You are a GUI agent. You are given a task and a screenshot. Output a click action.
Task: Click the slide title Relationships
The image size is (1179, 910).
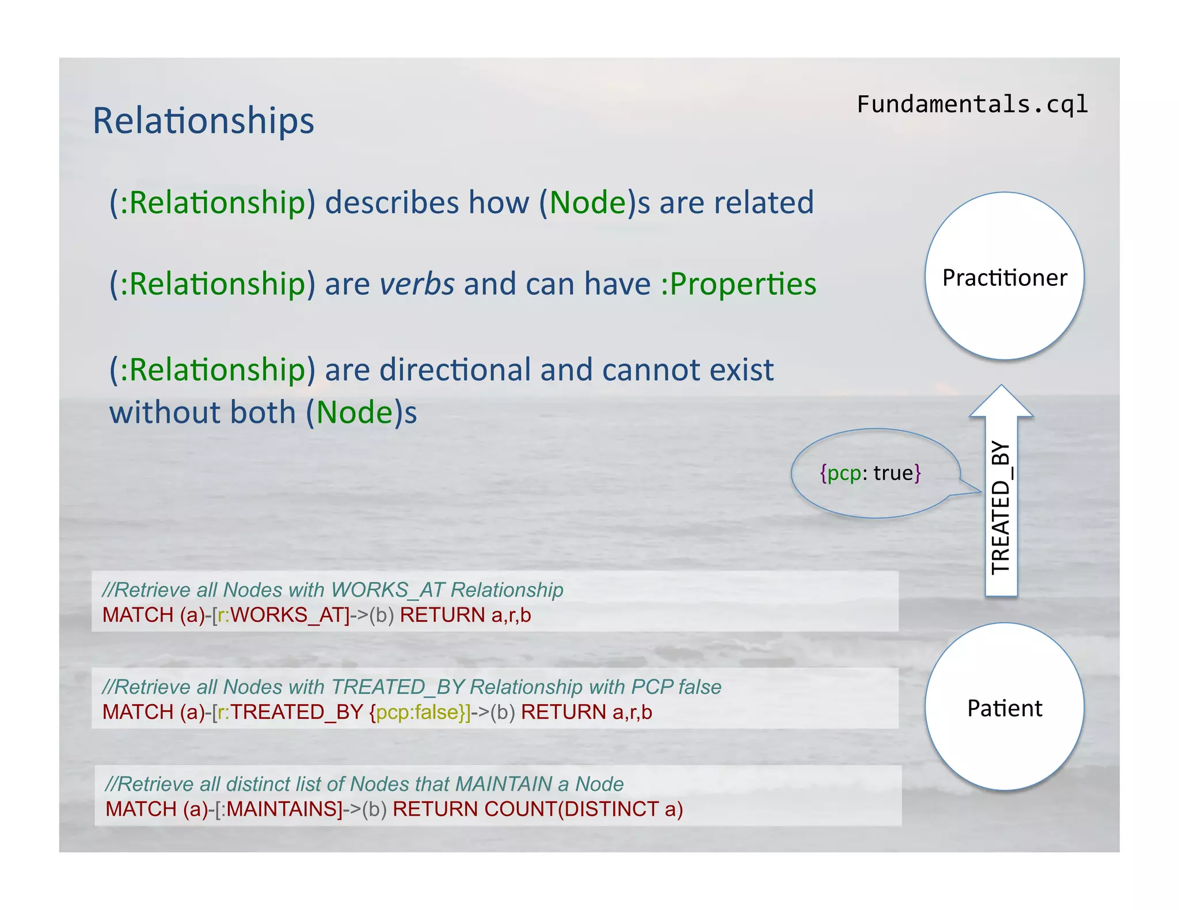203,121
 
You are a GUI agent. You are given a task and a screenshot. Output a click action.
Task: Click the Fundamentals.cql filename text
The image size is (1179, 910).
972,105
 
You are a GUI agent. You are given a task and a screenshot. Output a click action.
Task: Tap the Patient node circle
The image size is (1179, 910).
1004,708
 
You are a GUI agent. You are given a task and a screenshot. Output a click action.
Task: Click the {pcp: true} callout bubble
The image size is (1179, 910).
870,473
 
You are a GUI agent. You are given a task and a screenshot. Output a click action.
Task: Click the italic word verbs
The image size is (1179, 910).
417,284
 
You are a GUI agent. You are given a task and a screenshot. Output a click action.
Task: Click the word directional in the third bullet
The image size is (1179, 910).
455,369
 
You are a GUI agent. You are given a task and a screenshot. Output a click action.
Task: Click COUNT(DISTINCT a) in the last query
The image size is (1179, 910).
583,809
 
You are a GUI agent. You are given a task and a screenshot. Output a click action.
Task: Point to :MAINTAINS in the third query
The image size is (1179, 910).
282,809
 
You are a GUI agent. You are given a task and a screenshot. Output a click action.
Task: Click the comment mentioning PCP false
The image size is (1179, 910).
412,687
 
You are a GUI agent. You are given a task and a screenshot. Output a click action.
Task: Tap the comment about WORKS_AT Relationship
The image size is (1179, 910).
333,590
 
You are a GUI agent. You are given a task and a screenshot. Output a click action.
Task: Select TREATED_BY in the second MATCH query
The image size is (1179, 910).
296,712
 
